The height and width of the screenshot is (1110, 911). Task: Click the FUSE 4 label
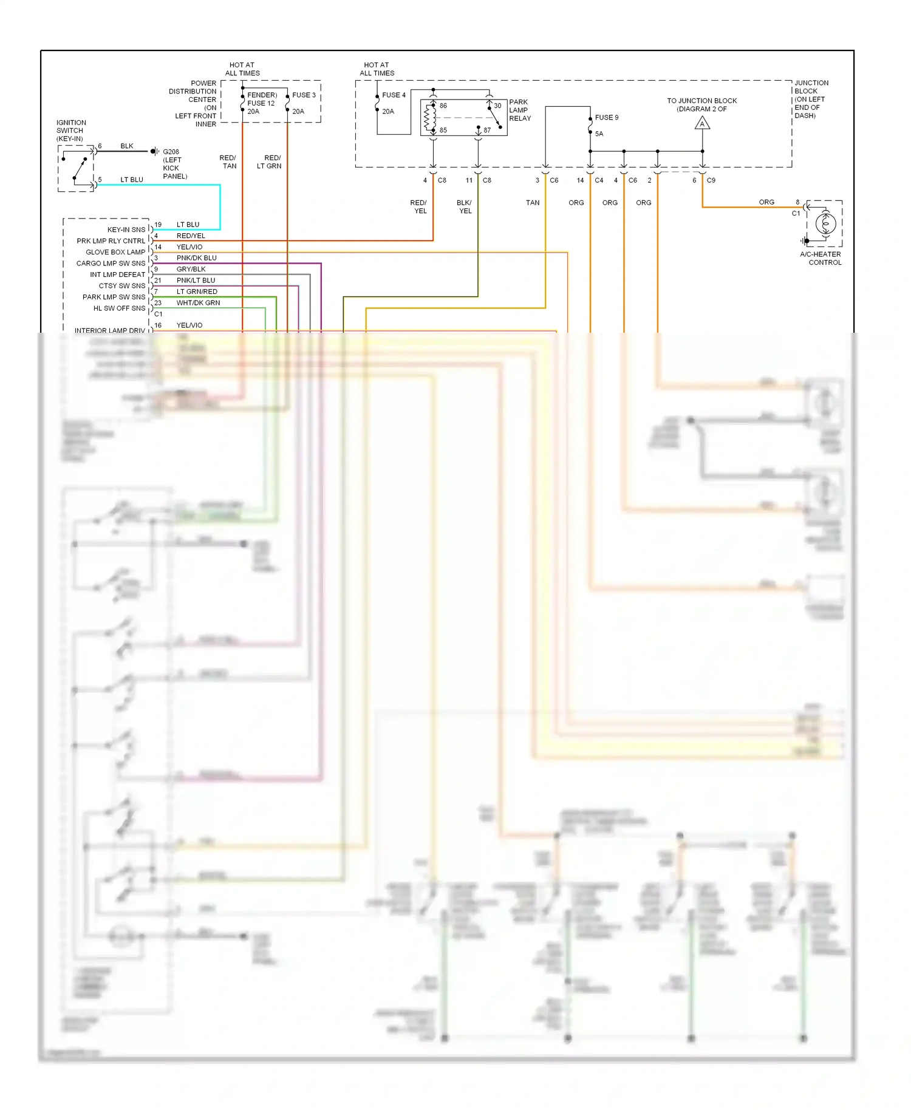click(x=394, y=95)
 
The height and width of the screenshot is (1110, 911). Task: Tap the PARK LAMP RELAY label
click(x=519, y=110)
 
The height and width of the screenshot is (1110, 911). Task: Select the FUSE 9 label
click(x=606, y=118)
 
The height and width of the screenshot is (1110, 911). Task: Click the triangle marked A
click(x=702, y=124)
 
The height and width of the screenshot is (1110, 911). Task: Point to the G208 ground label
click(x=171, y=152)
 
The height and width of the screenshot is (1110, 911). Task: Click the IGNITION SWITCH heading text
click(x=71, y=131)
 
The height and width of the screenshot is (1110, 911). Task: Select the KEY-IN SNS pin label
click(x=126, y=230)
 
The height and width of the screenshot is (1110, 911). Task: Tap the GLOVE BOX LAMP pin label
click(x=115, y=252)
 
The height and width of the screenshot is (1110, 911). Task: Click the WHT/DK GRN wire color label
click(x=198, y=303)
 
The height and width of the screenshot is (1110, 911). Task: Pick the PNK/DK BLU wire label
click(x=196, y=258)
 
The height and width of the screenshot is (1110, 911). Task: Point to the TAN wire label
click(x=533, y=203)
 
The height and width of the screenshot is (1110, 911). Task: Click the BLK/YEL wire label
click(x=465, y=207)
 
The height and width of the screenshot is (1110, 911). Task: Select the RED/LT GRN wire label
click(x=269, y=162)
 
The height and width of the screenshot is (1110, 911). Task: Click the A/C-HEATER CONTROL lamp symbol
click(x=825, y=224)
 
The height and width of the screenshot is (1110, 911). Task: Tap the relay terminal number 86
click(x=443, y=106)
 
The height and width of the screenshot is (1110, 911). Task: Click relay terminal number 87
click(x=487, y=131)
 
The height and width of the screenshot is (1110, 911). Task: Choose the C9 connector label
click(x=711, y=180)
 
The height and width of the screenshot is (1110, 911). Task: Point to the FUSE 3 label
click(x=304, y=95)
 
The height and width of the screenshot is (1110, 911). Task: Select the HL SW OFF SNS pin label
click(x=119, y=308)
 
